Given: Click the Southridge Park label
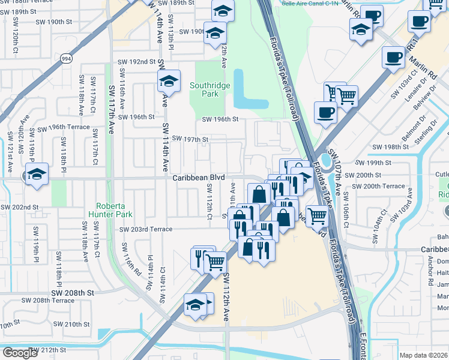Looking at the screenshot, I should (209, 90).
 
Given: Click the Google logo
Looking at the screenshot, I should (20, 353).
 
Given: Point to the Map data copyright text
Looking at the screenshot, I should (424, 355).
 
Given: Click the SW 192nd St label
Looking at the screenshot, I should (137, 61).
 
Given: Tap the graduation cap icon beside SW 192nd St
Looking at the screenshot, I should (169, 82).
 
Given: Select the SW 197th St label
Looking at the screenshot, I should (190, 139).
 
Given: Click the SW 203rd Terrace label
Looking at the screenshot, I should (146, 229).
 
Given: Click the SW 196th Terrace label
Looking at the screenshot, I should (64, 128).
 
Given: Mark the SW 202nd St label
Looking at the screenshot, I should (19, 207).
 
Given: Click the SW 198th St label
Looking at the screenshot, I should (390, 147).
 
